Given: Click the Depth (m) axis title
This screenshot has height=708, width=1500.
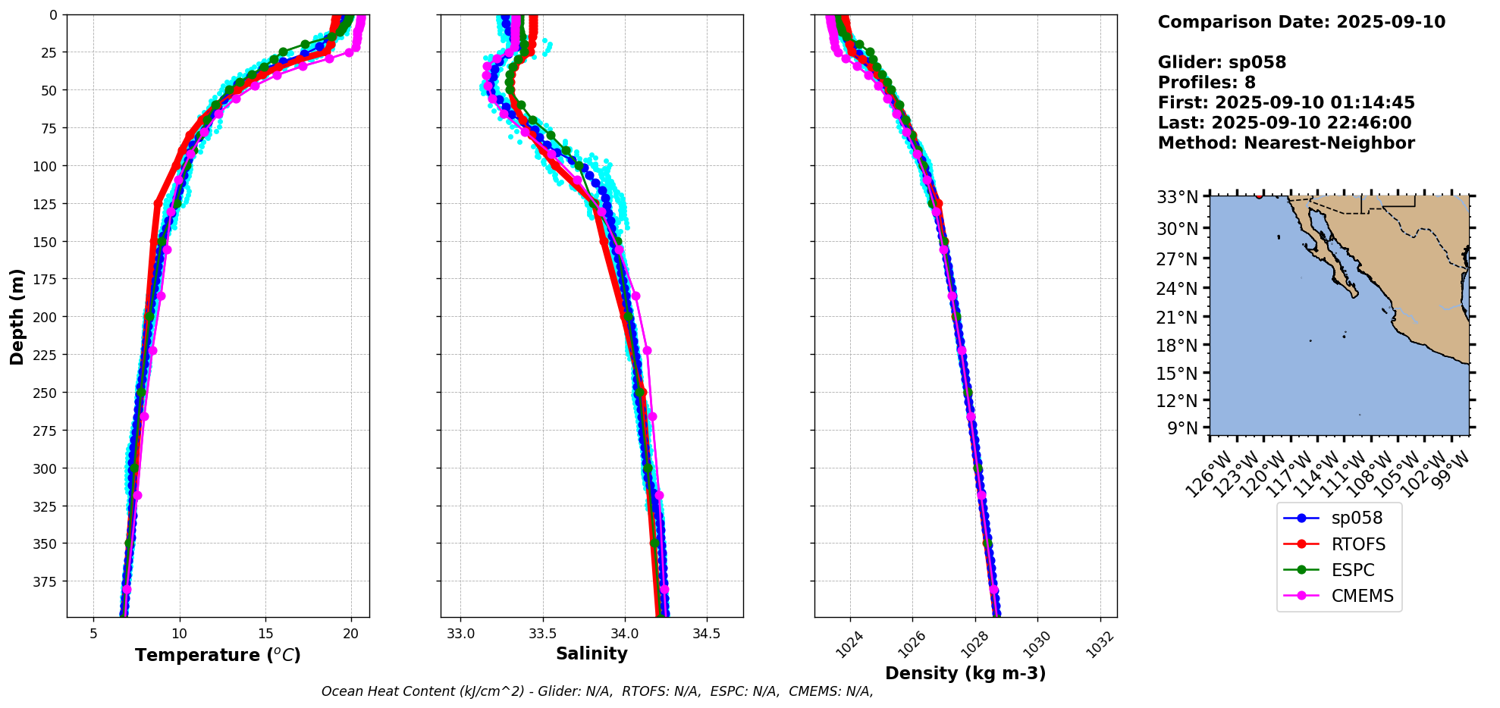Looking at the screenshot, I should click(17, 316).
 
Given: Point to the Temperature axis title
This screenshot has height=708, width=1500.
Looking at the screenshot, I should click(218, 655).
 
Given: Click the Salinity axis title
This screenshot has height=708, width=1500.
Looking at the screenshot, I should click(592, 653).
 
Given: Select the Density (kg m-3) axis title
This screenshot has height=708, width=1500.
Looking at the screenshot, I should click(965, 673).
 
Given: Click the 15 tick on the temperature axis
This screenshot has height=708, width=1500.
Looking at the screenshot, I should click(265, 634).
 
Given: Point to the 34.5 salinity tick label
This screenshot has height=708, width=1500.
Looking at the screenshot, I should click(707, 634).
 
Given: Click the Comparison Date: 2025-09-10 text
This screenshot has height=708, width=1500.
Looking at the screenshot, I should click(1301, 22).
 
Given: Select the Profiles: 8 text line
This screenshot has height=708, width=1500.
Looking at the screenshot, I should click(1207, 83).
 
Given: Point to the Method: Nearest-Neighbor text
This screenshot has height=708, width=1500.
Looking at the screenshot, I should click(1286, 143).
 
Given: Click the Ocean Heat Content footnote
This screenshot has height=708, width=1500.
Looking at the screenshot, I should click(597, 691).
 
